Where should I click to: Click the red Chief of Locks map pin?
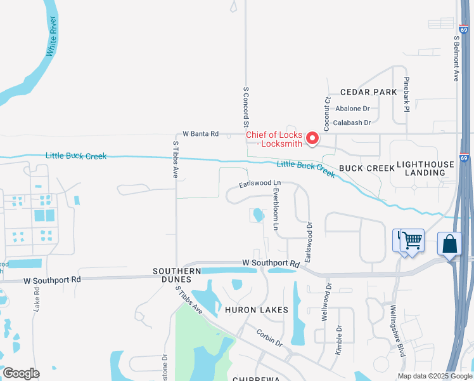pyautogui.click(x=312, y=137)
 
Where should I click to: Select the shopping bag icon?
pyautogui.click(x=449, y=244)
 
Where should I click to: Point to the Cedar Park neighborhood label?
pyautogui.click(x=368, y=92)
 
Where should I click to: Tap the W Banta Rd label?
pyautogui.click(x=200, y=134)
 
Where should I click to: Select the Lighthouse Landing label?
pyautogui.click(x=425, y=168)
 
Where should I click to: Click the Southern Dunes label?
pyautogui.click(x=177, y=271)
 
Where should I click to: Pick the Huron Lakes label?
pyautogui.click(x=257, y=310)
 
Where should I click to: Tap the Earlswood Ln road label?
pyautogui.click(x=259, y=184)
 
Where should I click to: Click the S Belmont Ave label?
pyautogui.click(x=456, y=57)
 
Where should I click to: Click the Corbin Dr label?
pyautogui.click(x=269, y=337)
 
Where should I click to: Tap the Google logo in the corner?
pyautogui.click(x=21, y=373)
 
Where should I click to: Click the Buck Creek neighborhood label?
pyautogui.click(x=358, y=168)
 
